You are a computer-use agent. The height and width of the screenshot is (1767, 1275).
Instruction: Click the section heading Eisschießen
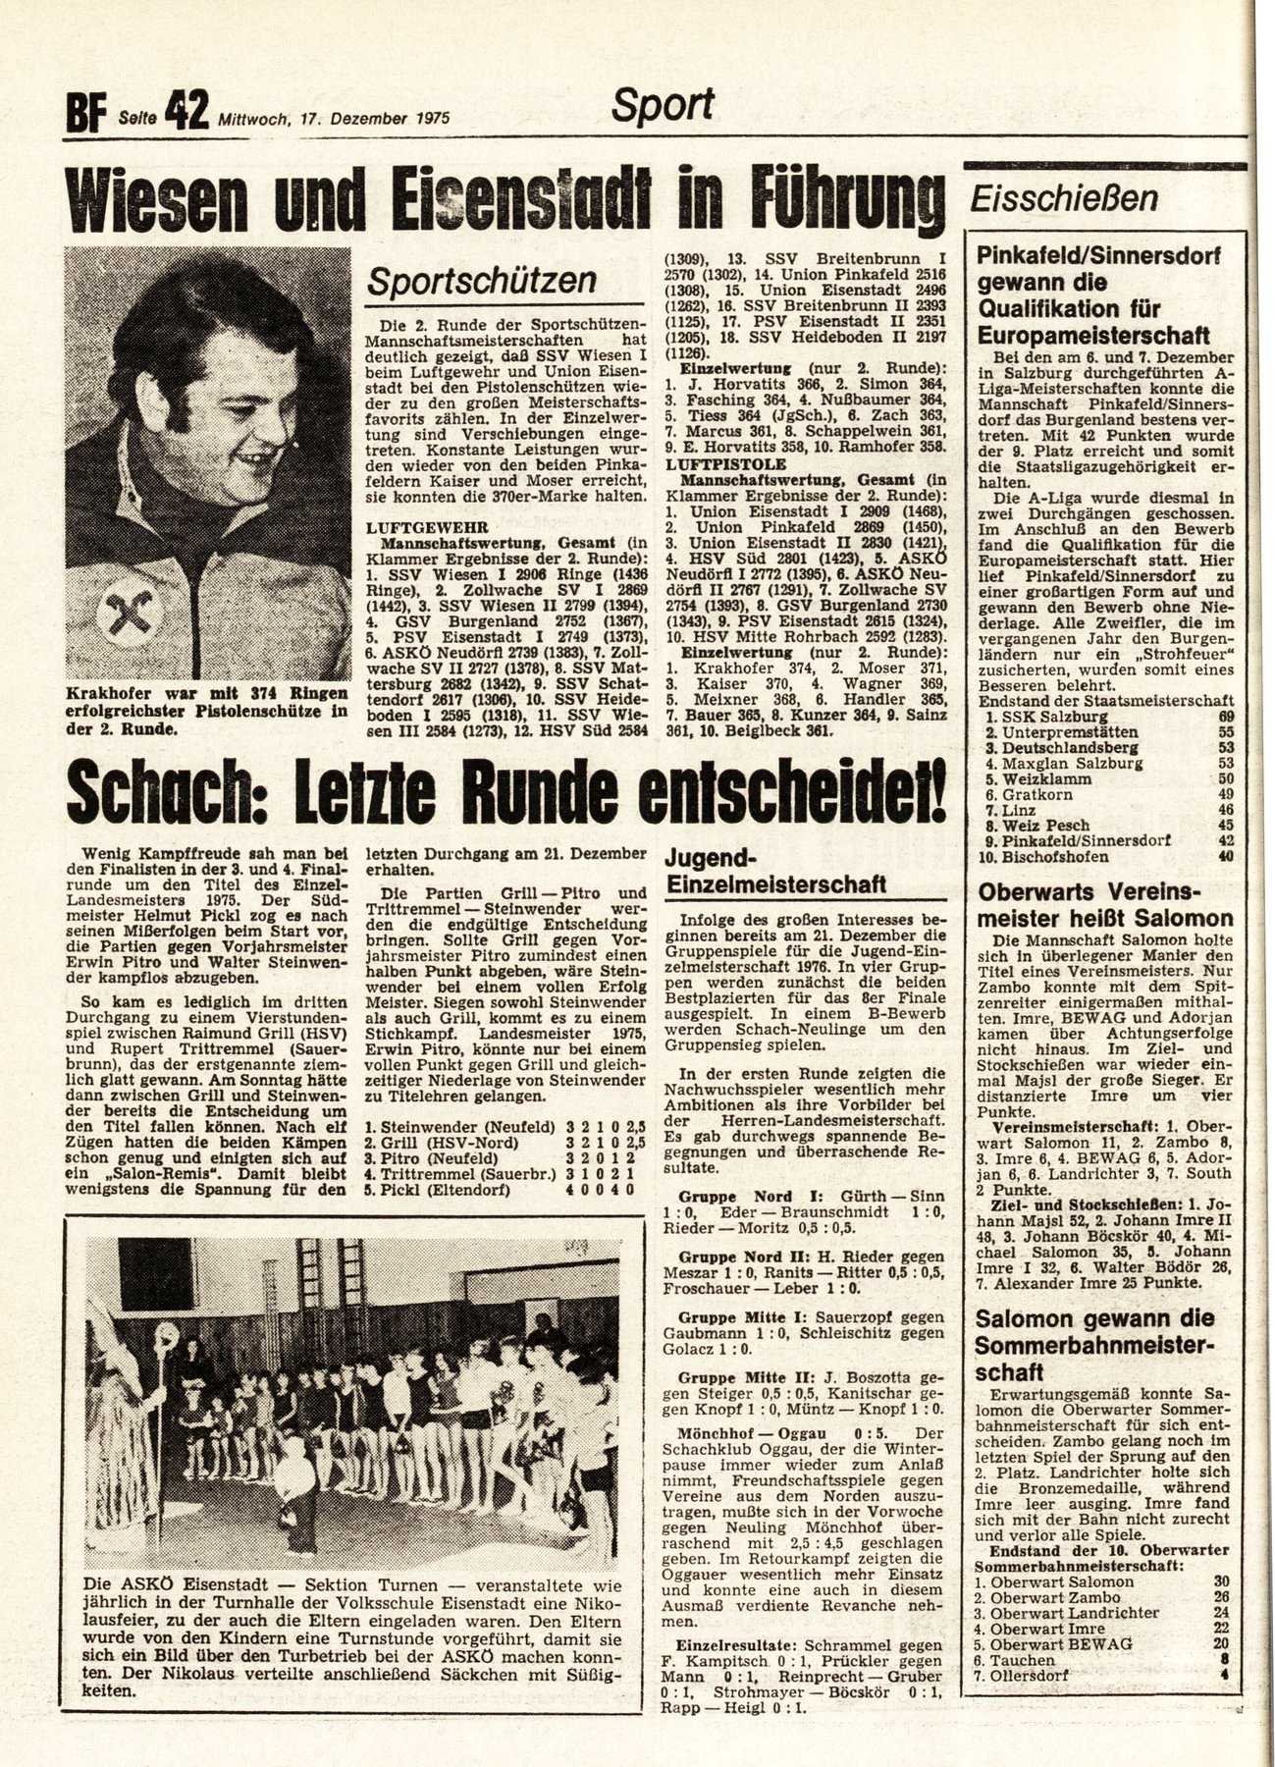click(x=1063, y=199)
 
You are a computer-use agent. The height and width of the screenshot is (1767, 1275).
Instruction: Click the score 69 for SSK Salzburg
click(x=1224, y=717)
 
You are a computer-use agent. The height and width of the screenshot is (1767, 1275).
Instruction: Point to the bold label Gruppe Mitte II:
click(x=727, y=1378)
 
